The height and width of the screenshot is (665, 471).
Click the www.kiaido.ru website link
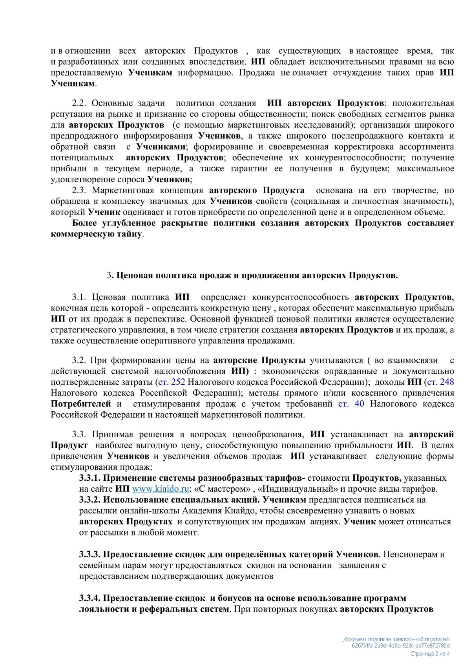161,489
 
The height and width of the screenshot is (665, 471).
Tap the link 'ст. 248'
440,382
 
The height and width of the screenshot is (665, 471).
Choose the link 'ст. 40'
351,404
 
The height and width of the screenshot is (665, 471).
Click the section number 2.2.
80,103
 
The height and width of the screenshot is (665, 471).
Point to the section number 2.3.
80,191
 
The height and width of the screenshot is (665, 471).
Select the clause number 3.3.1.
90,478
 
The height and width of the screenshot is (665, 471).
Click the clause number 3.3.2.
90,500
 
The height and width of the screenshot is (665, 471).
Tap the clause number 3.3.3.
90,554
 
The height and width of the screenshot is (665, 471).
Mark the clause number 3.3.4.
90,598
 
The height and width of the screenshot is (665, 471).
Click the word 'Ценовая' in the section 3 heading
134,275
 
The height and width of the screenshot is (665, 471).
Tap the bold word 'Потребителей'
81,404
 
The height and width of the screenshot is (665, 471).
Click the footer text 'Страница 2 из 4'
430,654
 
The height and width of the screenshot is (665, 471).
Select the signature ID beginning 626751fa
401,646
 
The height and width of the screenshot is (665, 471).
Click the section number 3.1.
80,297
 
